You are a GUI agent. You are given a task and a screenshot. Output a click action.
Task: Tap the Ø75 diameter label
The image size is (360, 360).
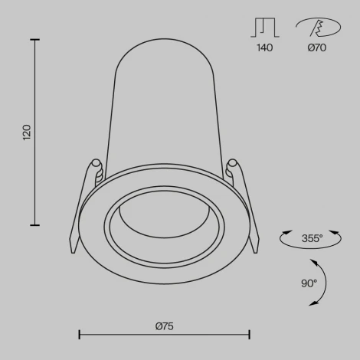[x=164, y=326]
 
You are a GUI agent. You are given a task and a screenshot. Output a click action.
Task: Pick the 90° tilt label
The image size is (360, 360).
[x=308, y=283]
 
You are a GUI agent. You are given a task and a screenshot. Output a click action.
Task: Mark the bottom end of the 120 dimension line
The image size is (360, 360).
[x=35, y=225]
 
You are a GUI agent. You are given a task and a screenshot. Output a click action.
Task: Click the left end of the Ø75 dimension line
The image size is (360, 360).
[x=80, y=334]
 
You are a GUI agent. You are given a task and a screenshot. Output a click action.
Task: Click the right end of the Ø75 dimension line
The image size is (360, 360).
[x=249, y=334]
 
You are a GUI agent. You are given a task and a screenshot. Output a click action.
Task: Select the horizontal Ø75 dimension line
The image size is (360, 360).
[x=164, y=334]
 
